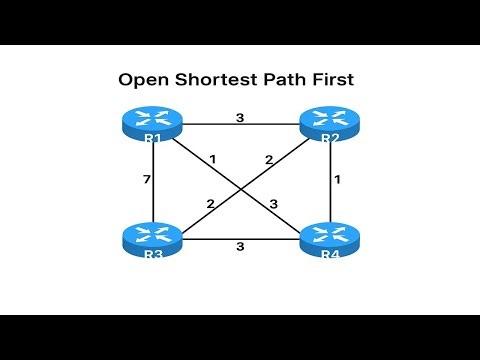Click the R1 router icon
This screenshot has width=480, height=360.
[153, 126]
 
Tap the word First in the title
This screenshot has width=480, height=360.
[338, 78]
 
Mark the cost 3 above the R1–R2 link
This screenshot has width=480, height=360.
[239, 117]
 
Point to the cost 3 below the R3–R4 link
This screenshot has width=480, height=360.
[239, 247]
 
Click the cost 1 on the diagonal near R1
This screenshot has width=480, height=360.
[213, 160]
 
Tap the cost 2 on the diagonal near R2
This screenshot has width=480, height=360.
[268, 160]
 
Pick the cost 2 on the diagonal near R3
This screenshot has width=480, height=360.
[210, 204]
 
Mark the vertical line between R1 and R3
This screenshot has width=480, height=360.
[153, 200]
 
